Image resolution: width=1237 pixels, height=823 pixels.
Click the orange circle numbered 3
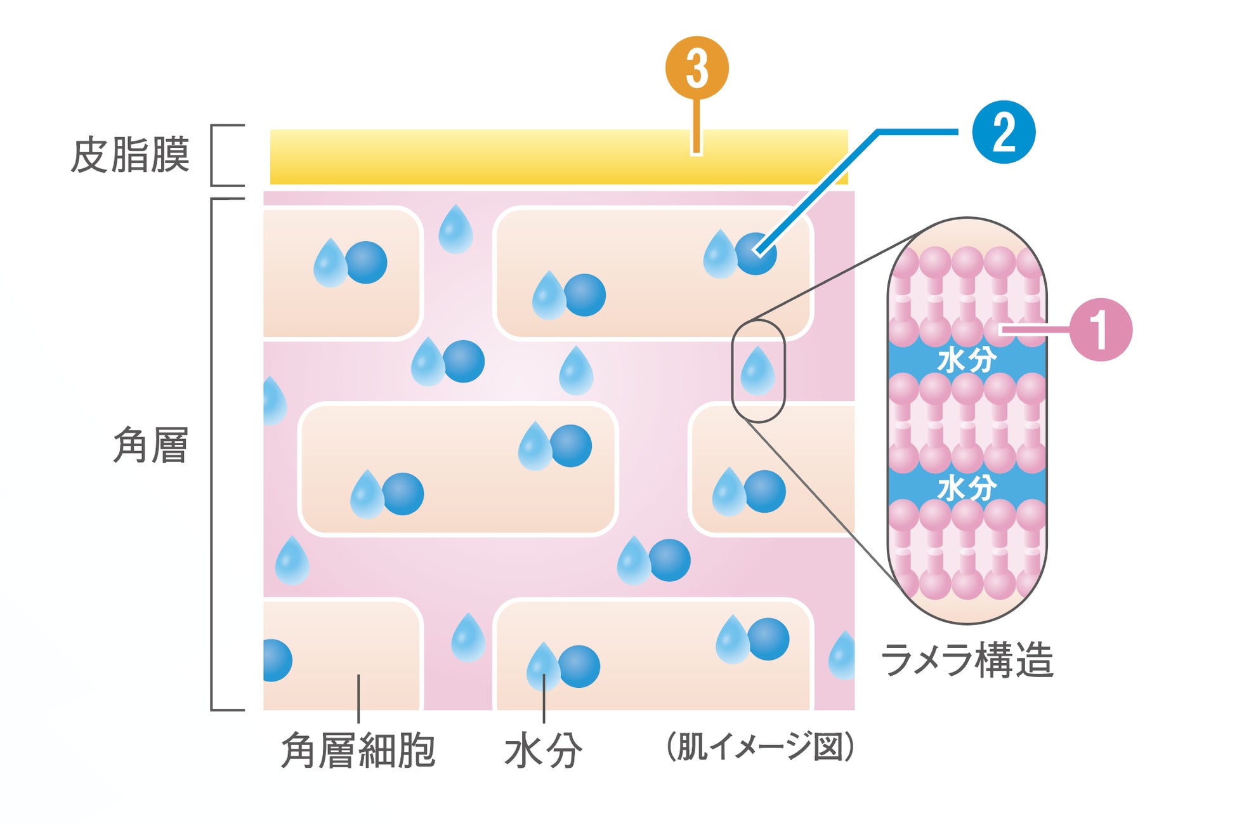(x=697, y=68)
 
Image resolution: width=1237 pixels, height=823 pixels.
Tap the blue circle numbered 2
(x=1004, y=132)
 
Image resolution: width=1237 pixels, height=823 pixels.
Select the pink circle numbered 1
(x=1101, y=329)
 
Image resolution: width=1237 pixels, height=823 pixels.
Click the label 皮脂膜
(x=130, y=155)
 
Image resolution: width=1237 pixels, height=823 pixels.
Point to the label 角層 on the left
(x=150, y=445)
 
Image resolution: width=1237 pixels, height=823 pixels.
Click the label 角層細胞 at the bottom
(x=358, y=751)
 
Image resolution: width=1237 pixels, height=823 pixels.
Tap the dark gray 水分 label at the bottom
(x=543, y=751)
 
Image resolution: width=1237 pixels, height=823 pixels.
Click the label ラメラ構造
(x=967, y=661)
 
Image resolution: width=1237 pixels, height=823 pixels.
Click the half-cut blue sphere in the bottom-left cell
(x=277, y=661)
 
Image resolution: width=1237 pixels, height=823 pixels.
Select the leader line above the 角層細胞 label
(x=358, y=698)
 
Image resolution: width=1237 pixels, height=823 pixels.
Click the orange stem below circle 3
(x=697, y=127)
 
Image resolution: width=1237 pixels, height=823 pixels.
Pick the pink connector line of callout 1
(x=1034, y=329)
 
